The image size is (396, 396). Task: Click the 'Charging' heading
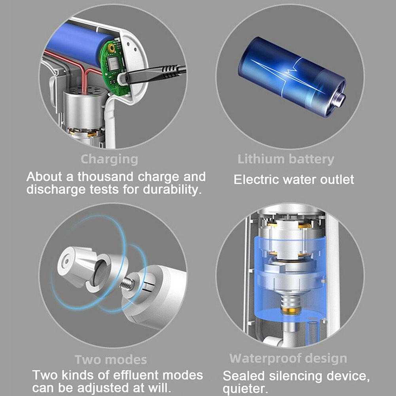tap(109, 159)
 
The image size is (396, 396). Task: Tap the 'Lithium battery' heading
tap(286, 159)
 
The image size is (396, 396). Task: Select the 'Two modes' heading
tap(111, 360)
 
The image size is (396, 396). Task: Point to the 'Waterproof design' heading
tap(288, 359)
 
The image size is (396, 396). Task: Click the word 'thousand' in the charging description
tap(105, 176)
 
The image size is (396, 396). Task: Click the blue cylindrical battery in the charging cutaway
tap(78, 44)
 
